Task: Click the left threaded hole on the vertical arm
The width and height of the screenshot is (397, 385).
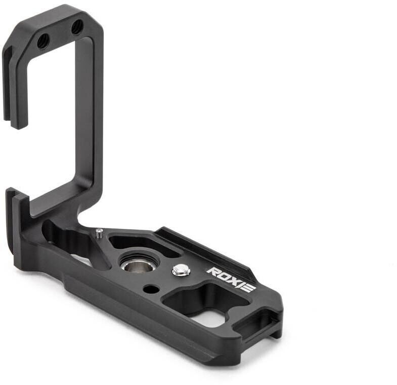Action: pyautogui.click(x=43, y=42)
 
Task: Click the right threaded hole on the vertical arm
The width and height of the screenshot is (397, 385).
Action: pyautogui.click(x=77, y=27)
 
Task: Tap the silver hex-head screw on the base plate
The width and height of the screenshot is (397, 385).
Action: pyautogui.click(x=181, y=270)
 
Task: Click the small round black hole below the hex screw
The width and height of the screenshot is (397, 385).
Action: pyautogui.click(x=151, y=289)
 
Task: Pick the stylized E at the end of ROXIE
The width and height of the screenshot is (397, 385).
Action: pyautogui.click(x=248, y=287)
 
